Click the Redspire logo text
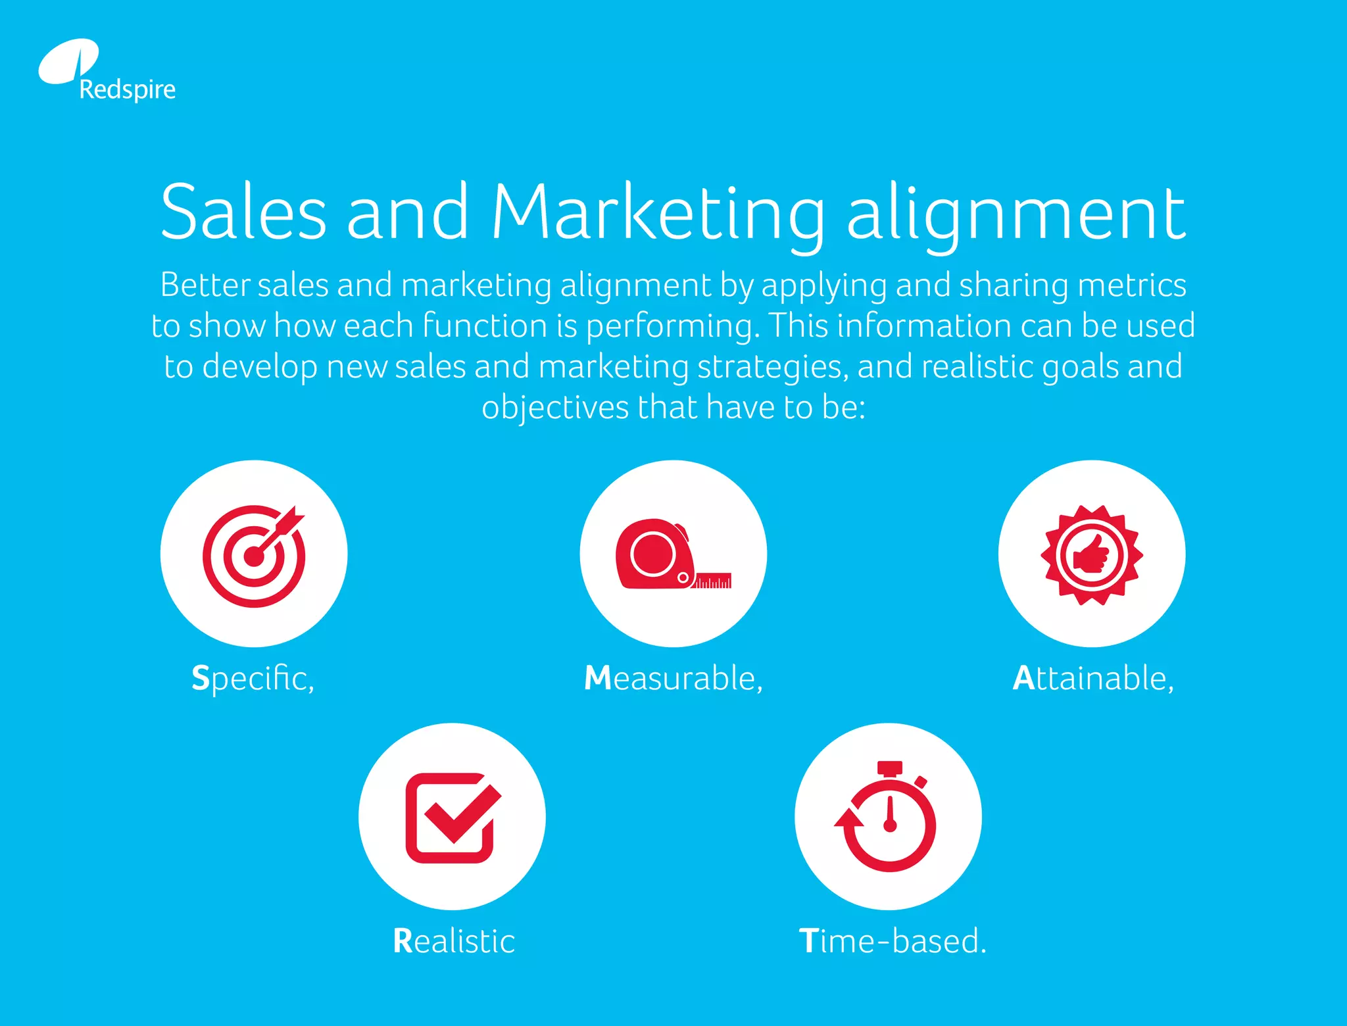[127, 89]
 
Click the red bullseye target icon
[254, 555]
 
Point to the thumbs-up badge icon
[1092, 554]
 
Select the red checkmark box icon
[453, 817]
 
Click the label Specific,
[253, 678]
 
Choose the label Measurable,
[673, 678]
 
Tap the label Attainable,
[1093, 678]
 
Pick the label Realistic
[453, 940]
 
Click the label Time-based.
[893, 940]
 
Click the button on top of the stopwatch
[890, 768]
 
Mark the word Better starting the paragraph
[205, 285]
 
